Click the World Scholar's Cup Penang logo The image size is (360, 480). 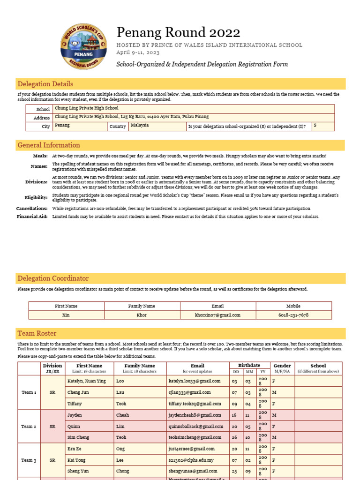(x=83, y=47)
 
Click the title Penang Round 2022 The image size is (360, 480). (x=178, y=32)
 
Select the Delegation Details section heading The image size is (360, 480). (x=45, y=84)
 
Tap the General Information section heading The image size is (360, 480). (x=49, y=145)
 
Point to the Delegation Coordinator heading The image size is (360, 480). (x=53, y=278)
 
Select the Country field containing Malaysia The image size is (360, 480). (x=157, y=126)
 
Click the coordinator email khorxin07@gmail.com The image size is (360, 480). (x=217, y=315)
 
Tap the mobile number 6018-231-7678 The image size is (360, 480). (x=293, y=315)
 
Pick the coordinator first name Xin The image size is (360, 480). (x=66, y=315)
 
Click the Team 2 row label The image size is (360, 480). (x=29, y=427)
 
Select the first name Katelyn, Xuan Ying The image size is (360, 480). (x=87, y=381)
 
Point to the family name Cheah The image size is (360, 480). (x=122, y=415)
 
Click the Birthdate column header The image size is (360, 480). (x=250, y=366)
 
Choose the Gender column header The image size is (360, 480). (x=282, y=366)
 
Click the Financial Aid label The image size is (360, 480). (x=32, y=217)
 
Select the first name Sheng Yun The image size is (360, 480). (x=78, y=471)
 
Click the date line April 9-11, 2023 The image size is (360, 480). (x=138, y=52)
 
